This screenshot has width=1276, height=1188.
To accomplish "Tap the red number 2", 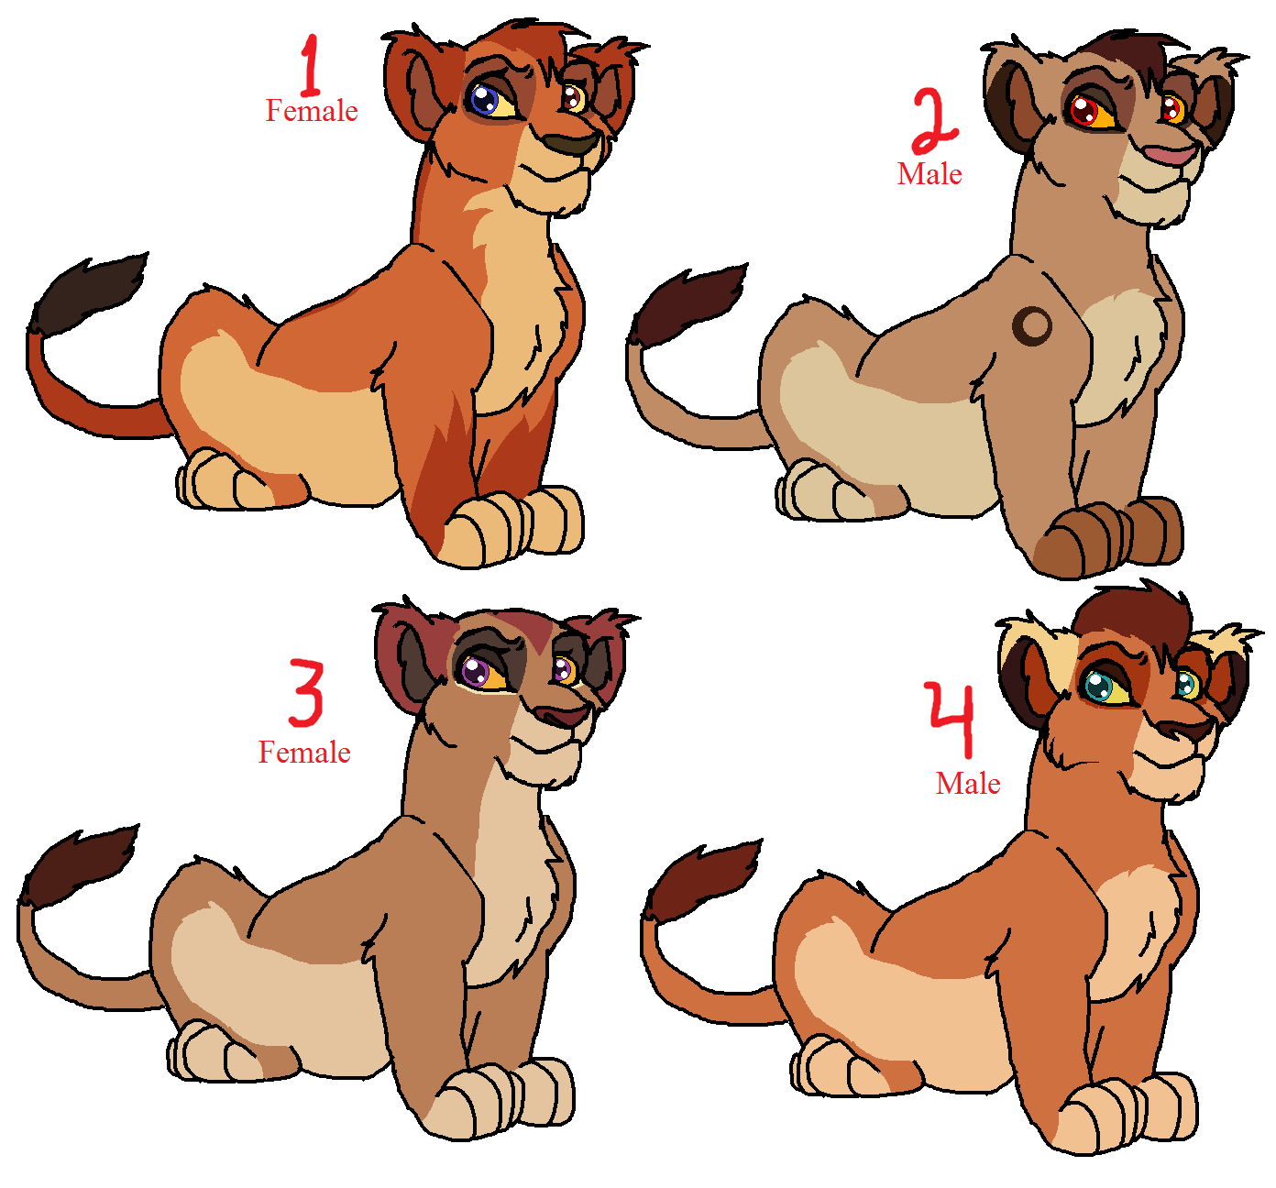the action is [935, 123].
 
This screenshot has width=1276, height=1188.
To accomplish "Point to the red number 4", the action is [951, 719].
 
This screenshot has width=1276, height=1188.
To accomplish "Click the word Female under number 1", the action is [312, 111].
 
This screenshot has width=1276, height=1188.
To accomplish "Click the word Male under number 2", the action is [929, 174].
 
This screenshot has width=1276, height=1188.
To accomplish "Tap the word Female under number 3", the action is [304, 753].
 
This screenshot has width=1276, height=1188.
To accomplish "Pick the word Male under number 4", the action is [968, 783].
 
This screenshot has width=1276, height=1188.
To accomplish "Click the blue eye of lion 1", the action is [484, 100].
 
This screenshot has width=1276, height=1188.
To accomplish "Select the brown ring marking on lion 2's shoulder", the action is [1032, 325].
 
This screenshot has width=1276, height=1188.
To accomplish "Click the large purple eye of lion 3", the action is [476, 672].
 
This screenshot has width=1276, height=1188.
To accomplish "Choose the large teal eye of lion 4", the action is [1097, 687].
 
